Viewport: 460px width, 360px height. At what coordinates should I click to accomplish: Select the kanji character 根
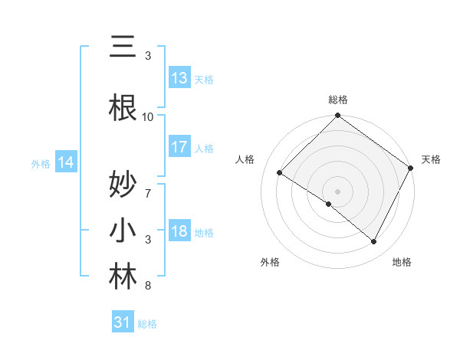123,108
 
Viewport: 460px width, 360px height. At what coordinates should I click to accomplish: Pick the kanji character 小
123,231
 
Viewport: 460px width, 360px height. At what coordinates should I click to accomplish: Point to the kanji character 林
123,277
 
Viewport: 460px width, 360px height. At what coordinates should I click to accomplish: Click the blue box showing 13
179,78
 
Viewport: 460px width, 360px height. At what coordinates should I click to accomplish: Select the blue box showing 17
179,147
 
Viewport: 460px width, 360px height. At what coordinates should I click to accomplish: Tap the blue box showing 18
179,231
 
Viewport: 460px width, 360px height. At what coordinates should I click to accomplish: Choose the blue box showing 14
65,162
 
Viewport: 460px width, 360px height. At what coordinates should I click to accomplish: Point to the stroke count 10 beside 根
148,116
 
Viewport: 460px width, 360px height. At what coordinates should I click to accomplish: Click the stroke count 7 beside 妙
148,186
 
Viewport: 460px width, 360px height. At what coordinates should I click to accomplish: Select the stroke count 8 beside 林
148,286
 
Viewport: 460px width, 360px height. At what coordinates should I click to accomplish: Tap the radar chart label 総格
337,100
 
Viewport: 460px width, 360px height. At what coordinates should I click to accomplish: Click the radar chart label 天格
431,159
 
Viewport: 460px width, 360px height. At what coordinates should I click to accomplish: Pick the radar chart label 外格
269,262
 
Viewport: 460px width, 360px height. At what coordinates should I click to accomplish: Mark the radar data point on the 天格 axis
411,167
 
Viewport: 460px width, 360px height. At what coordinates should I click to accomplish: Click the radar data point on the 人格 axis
280,173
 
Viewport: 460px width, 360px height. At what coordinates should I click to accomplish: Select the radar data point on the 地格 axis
374,241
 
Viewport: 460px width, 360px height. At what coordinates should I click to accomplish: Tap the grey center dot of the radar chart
337,191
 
